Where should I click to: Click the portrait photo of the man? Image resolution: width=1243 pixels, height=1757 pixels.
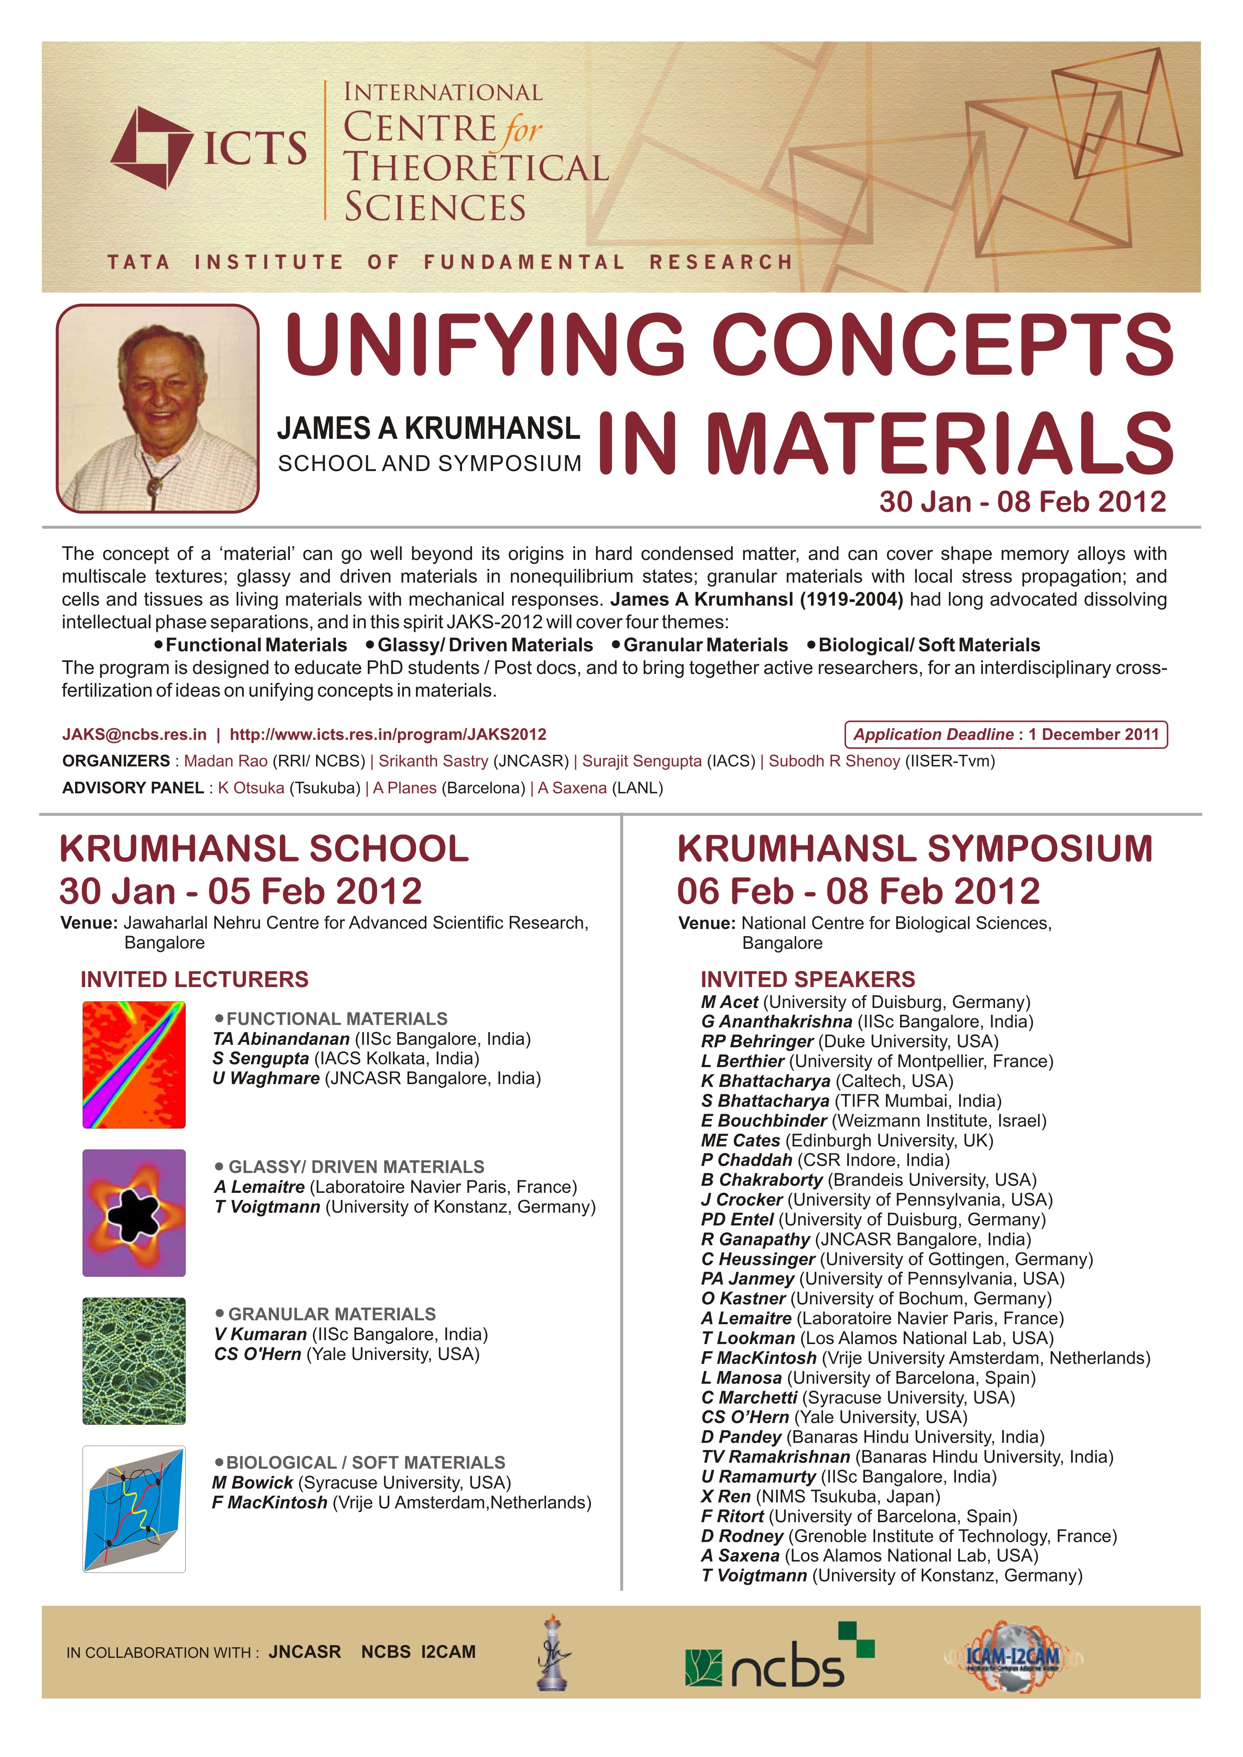point(158,409)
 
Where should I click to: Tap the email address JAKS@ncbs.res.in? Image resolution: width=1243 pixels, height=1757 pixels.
point(134,735)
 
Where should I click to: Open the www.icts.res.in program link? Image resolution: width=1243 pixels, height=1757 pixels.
point(388,735)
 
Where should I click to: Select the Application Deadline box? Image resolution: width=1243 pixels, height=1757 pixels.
point(1006,735)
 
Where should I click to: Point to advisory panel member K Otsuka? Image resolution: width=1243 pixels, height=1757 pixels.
point(251,788)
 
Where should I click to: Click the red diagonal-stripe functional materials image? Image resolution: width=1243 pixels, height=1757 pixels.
point(134,1065)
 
